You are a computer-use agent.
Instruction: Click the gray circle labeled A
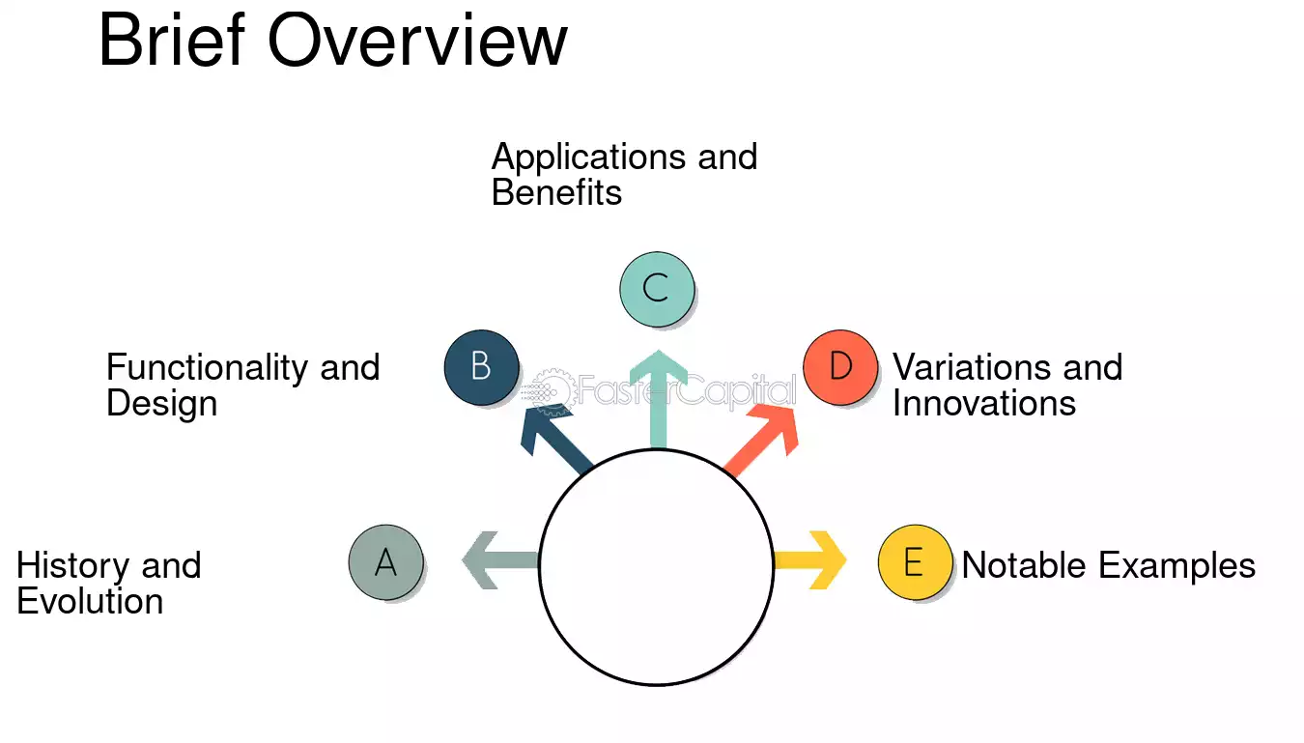(386, 562)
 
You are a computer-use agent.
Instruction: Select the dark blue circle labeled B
(481, 367)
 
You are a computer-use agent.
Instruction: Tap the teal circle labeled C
(657, 289)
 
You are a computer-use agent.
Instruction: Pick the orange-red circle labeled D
(840, 367)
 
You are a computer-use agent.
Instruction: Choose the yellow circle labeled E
(915, 562)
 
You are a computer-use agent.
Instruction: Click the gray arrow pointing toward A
(500, 560)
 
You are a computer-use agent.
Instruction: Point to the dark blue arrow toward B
(554, 439)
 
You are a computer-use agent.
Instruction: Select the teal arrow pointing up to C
(659, 399)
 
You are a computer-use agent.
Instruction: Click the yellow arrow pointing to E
(810, 560)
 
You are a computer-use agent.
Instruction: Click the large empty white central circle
(657, 567)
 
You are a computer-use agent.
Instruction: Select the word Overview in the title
(417, 41)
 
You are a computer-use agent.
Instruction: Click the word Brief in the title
(172, 40)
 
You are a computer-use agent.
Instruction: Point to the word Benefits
(556, 192)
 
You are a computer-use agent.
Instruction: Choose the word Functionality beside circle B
(207, 368)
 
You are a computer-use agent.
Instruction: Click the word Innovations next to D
(984, 403)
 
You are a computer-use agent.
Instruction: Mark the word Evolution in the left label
(90, 601)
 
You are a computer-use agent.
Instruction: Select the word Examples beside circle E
(1177, 566)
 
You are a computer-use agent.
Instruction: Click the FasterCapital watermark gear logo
(552, 391)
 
